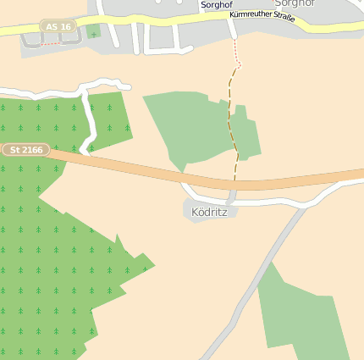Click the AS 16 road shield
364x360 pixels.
point(58,27)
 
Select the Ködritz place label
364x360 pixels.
point(210,211)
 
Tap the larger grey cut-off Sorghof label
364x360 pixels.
point(294,3)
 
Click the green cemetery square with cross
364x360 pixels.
point(92,32)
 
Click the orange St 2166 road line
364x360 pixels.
point(135,169)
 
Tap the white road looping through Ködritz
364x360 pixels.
point(279,202)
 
